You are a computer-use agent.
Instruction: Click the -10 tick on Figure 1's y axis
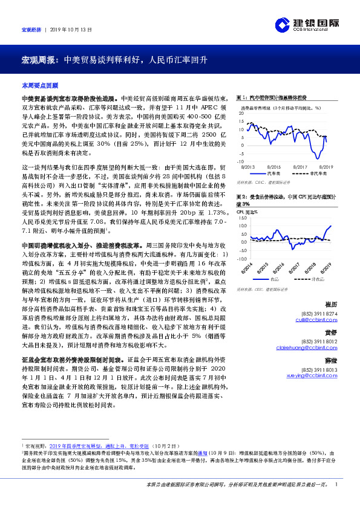(241, 162)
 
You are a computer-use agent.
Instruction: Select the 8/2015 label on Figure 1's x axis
(273, 166)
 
